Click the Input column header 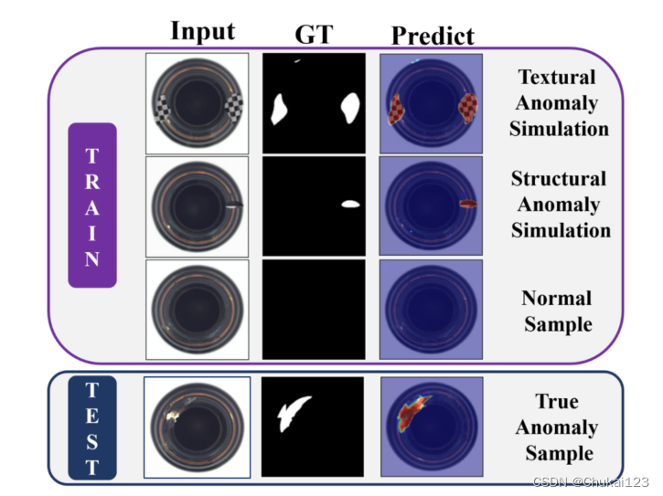(x=202, y=31)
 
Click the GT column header (x=315, y=34)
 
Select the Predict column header (x=433, y=36)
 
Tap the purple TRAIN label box (x=91, y=205)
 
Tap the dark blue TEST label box (x=91, y=427)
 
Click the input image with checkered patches (x=198, y=103)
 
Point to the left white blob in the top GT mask (x=279, y=109)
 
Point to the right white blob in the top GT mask (x=348, y=108)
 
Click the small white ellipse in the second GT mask (x=351, y=204)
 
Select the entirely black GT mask (x=314, y=309)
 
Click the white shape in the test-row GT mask (x=292, y=415)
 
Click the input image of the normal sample (x=198, y=309)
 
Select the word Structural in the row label (x=558, y=179)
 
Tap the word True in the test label (x=556, y=402)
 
